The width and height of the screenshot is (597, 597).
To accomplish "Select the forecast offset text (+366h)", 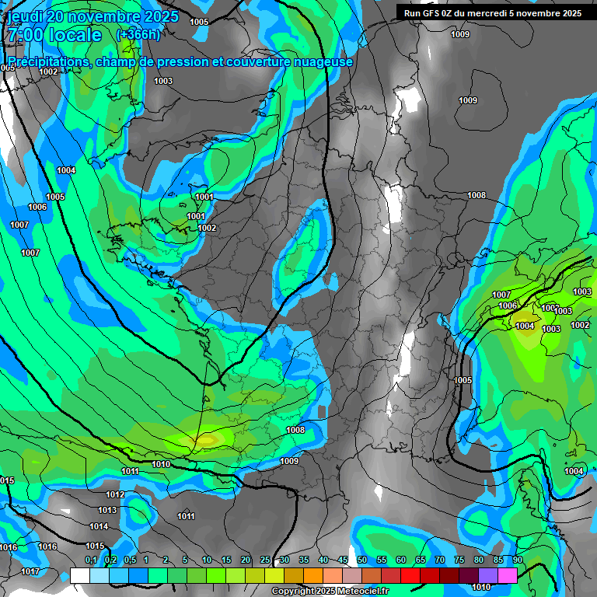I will click(x=138, y=35).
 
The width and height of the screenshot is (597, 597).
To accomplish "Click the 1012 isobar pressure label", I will click(x=115, y=495).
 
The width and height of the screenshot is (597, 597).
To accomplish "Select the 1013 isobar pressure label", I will click(x=107, y=511).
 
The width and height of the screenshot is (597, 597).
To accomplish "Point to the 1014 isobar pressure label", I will click(x=99, y=527).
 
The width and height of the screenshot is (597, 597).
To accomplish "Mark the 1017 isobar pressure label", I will click(x=31, y=572).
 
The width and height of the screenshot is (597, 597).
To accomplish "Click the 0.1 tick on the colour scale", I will click(x=90, y=560).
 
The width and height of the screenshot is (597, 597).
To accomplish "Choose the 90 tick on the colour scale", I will click(x=518, y=560).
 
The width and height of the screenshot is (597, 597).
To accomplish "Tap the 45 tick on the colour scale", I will click(x=343, y=560).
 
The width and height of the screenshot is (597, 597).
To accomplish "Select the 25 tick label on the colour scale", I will click(x=265, y=560).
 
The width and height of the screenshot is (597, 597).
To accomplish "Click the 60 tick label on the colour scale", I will click(x=401, y=560).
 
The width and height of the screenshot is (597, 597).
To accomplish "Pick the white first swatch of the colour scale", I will click(x=79, y=575).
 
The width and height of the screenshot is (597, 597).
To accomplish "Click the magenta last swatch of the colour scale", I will click(x=508, y=575).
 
